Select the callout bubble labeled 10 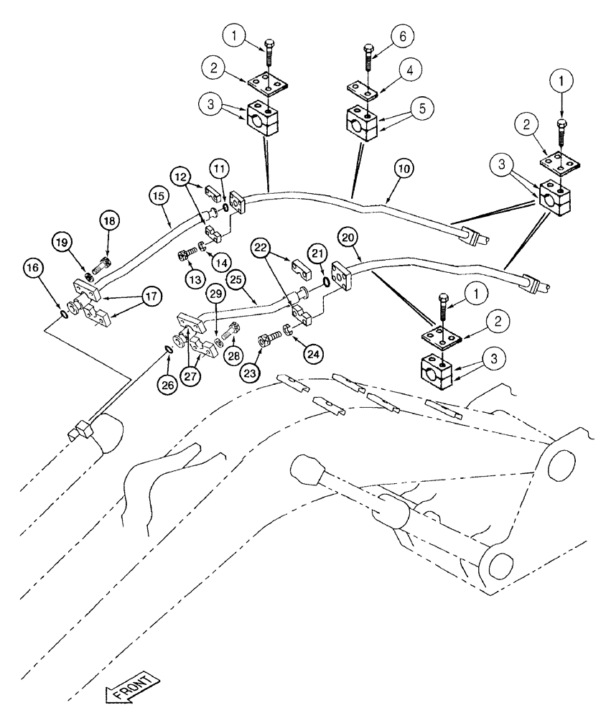403,169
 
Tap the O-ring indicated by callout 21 327,282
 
